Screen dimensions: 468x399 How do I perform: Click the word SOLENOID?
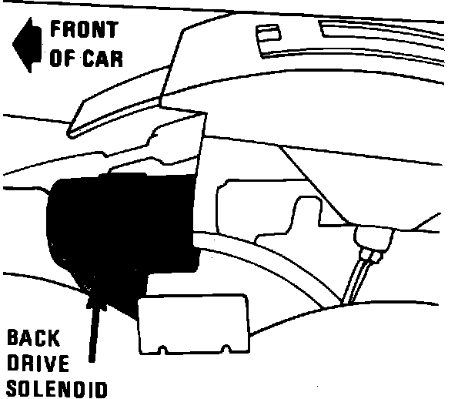coord(54,387)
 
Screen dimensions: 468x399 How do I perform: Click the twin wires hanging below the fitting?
coord(356,277)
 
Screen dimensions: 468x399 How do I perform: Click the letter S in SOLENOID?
coord(10,387)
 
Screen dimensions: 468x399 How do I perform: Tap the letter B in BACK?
coord(12,338)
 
